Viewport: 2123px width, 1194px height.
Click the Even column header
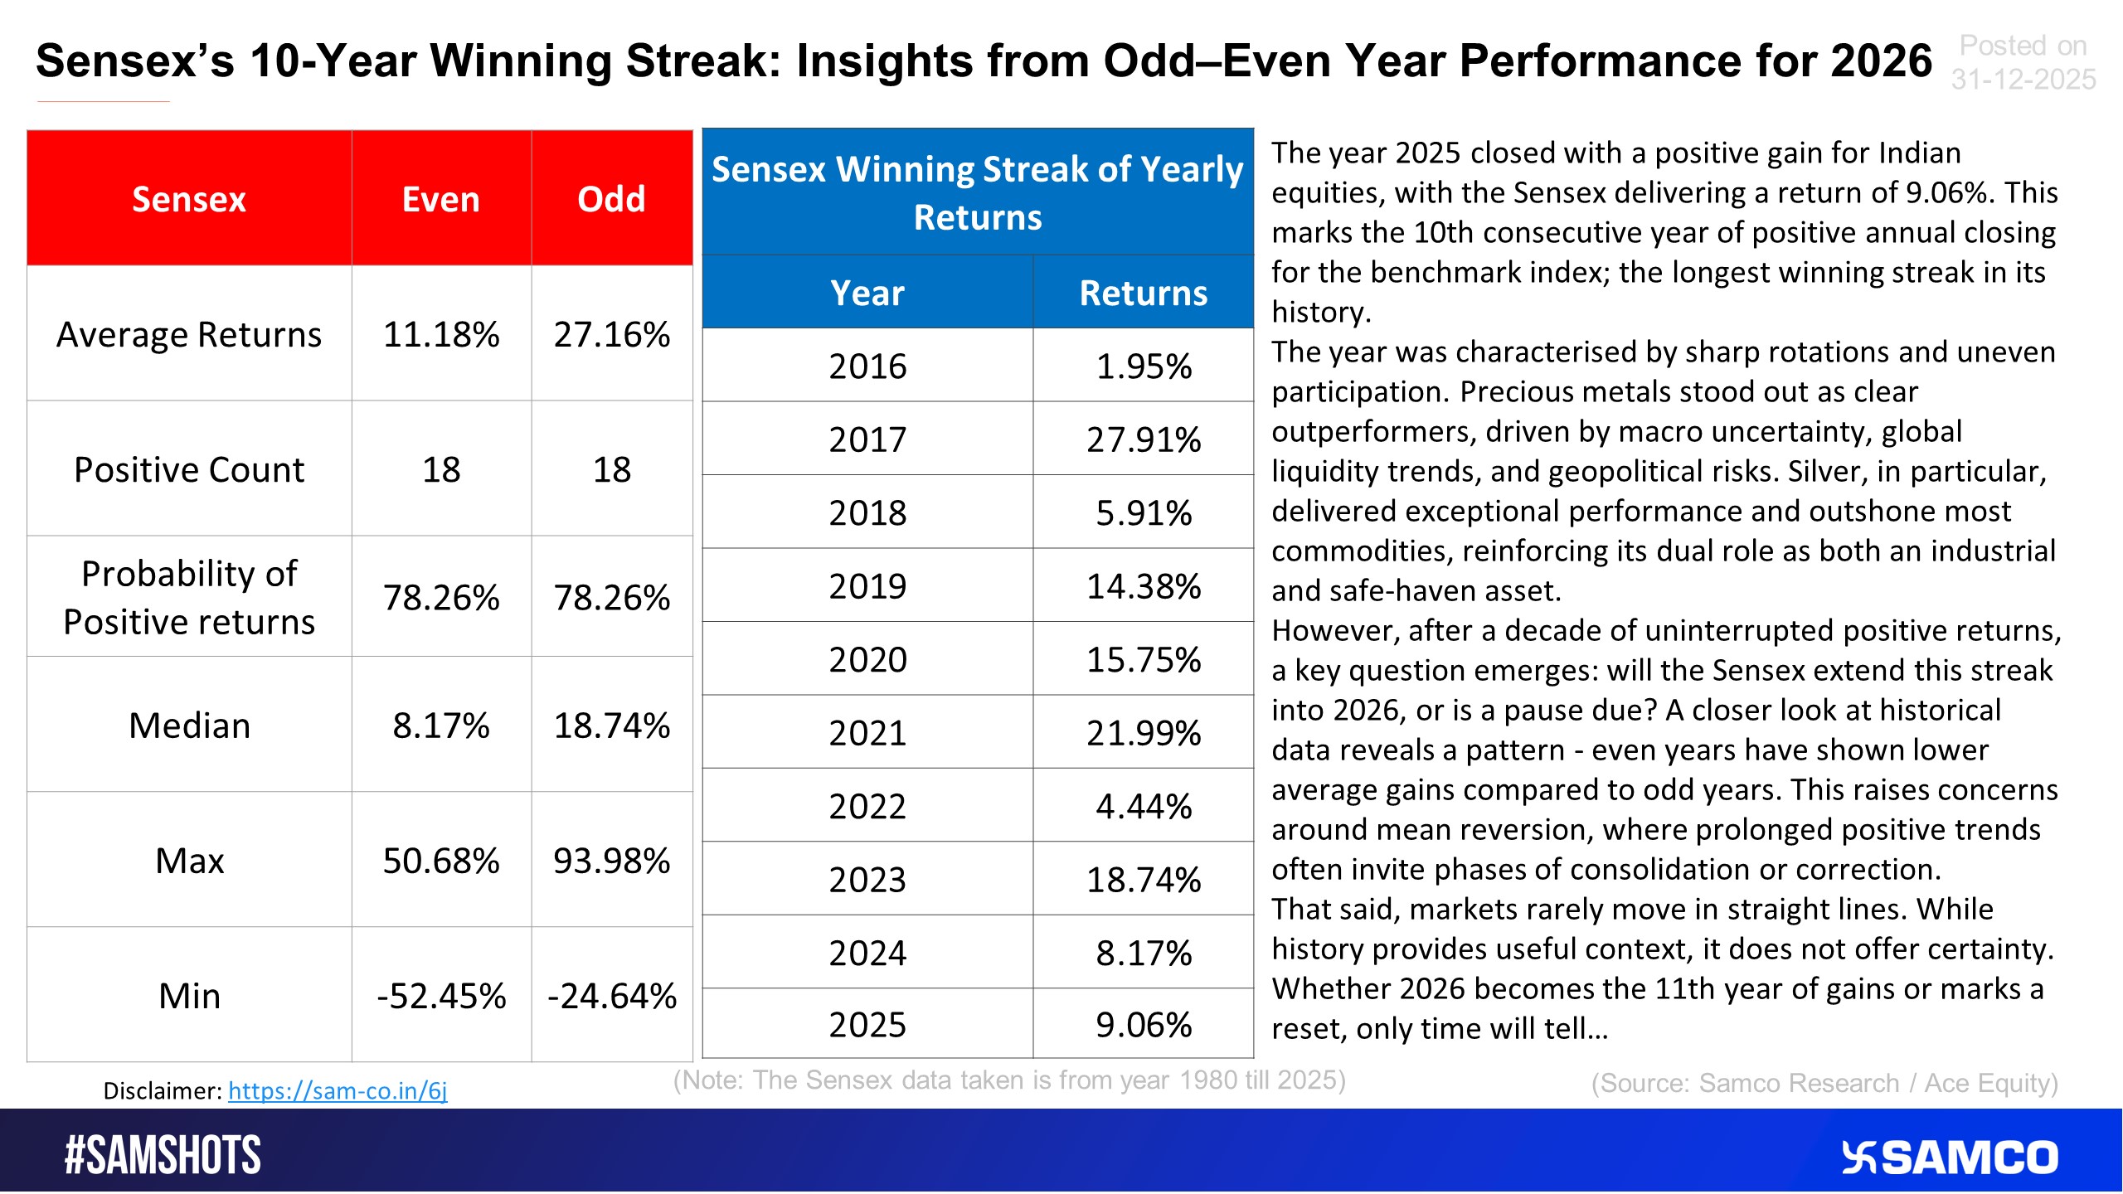tap(440, 199)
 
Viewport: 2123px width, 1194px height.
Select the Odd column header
tap(611, 199)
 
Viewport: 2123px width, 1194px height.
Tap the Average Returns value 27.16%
tap(611, 334)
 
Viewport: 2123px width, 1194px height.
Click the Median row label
tap(189, 726)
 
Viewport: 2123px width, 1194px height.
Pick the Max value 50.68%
tap(440, 861)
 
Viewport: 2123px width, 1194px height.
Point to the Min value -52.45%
tap(440, 996)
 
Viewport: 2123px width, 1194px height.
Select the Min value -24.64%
tap(611, 996)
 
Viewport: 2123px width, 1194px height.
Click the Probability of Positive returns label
tap(189, 597)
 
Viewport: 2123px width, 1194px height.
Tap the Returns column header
tap(1143, 293)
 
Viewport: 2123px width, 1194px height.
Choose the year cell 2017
tap(867, 439)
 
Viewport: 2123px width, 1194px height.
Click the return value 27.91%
tap(1143, 439)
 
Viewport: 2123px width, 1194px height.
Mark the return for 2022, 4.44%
tap(1143, 806)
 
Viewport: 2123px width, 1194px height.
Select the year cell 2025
tap(867, 1025)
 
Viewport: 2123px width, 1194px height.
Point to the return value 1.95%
tap(1143, 366)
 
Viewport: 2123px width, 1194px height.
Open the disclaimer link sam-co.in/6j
tap(338, 1090)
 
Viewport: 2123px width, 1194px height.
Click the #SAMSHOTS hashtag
tap(163, 1155)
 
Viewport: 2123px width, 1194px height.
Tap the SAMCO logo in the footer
tap(1950, 1158)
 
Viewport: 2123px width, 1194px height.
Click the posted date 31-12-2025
tap(2023, 80)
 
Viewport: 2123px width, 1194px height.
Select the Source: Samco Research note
tap(1824, 1083)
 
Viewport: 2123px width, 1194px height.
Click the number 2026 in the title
tap(1881, 61)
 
